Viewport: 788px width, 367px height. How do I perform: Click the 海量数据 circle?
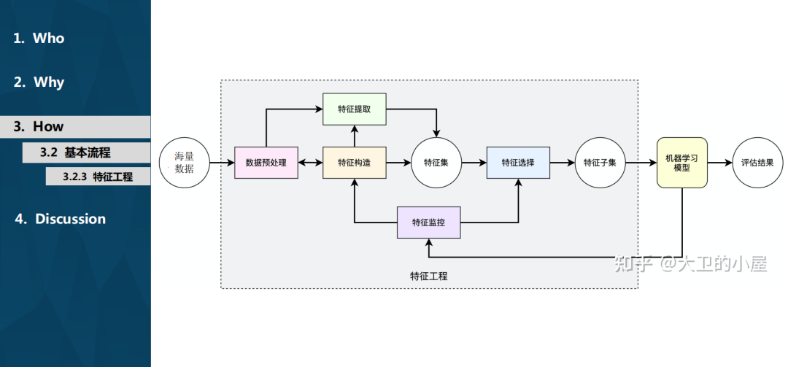(184, 163)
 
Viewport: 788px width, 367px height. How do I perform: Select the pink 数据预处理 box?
(266, 163)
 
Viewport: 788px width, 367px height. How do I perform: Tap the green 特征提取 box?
(354, 109)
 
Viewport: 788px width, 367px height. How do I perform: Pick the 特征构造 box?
(354, 163)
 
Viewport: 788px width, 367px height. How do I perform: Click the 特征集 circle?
(436, 163)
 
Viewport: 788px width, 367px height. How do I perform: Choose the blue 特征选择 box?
(518, 163)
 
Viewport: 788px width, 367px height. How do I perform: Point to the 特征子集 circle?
(600, 163)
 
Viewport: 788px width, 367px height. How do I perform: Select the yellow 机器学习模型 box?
(682, 163)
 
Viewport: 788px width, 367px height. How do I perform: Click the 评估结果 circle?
(757, 163)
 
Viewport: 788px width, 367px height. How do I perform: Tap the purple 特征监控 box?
(429, 222)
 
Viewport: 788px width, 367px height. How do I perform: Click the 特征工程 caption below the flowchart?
(429, 277)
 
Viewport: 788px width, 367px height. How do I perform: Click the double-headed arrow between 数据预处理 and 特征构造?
(310, 163)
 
